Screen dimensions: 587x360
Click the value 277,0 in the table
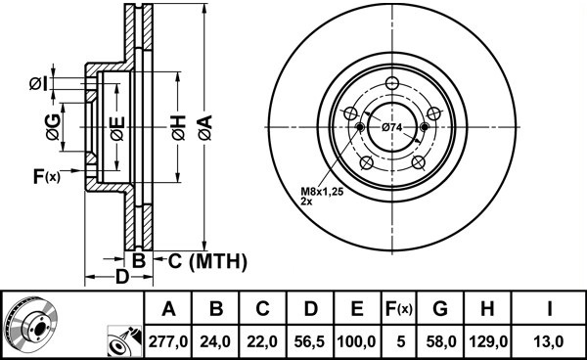click(x=168, y=341)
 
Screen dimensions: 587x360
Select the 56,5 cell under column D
click(x=310, y=341)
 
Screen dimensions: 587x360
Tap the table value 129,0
click(x=488, y=341)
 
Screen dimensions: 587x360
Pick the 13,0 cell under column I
click(x=549, y=341)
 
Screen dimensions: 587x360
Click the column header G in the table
click(x=440, y=309)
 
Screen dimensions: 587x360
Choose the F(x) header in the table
click(x=399, y=309)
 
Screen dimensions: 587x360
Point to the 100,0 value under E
click(x=357, y=341)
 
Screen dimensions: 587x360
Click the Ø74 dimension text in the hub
click(x=392, y=127)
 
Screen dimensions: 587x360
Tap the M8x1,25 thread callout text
click(x=322, y=192)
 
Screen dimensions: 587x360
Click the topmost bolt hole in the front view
click(x=392, y=83)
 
